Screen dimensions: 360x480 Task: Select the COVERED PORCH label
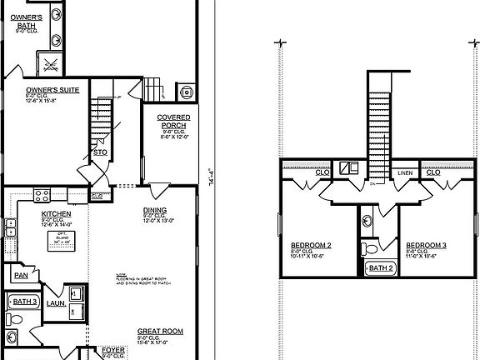[x=174, y=122]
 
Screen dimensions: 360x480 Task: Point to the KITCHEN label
[x=56, y=213]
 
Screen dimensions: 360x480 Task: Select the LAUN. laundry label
[x=56, y=304]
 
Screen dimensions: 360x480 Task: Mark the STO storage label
[x=98, y=152]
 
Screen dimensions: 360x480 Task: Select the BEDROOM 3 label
[x=427, y=245]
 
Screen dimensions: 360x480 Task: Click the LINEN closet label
[x=405, y=173]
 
